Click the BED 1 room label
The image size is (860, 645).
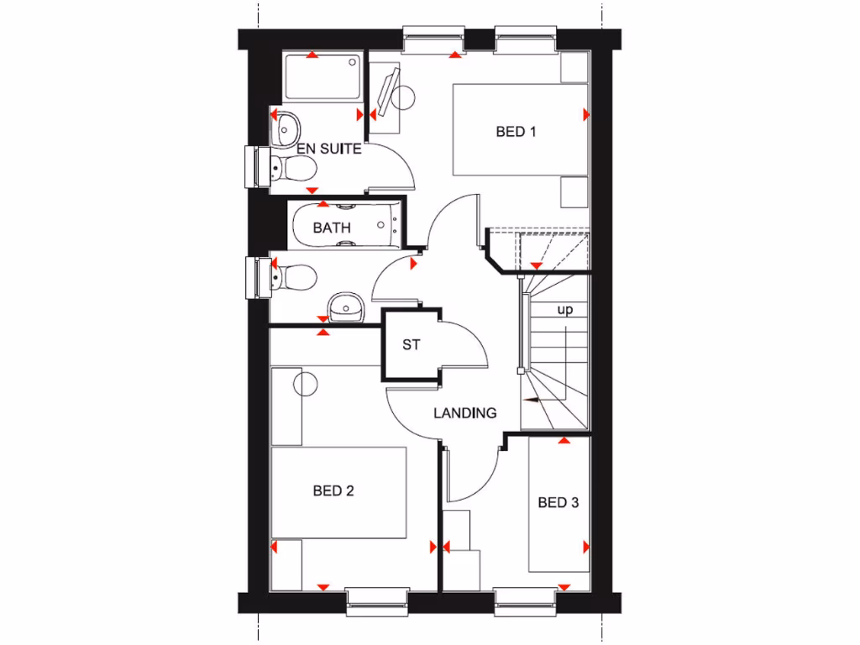coord(516,131)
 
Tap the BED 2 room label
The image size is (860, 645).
coord(333,491)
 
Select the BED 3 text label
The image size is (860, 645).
coord(558,503)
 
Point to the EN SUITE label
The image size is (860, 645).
coord(317,149)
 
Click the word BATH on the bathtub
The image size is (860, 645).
coord(332,228)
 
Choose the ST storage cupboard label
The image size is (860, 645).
coord(411,344)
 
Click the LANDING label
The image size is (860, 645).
coord(465,412)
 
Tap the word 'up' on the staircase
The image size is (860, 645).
coord(566,310)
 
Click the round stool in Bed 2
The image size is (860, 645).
coord(305,383)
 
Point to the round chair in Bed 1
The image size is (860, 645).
coord(404,98)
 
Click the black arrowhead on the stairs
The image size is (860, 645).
coord(530,401)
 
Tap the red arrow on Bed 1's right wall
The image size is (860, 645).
coord(585,114)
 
